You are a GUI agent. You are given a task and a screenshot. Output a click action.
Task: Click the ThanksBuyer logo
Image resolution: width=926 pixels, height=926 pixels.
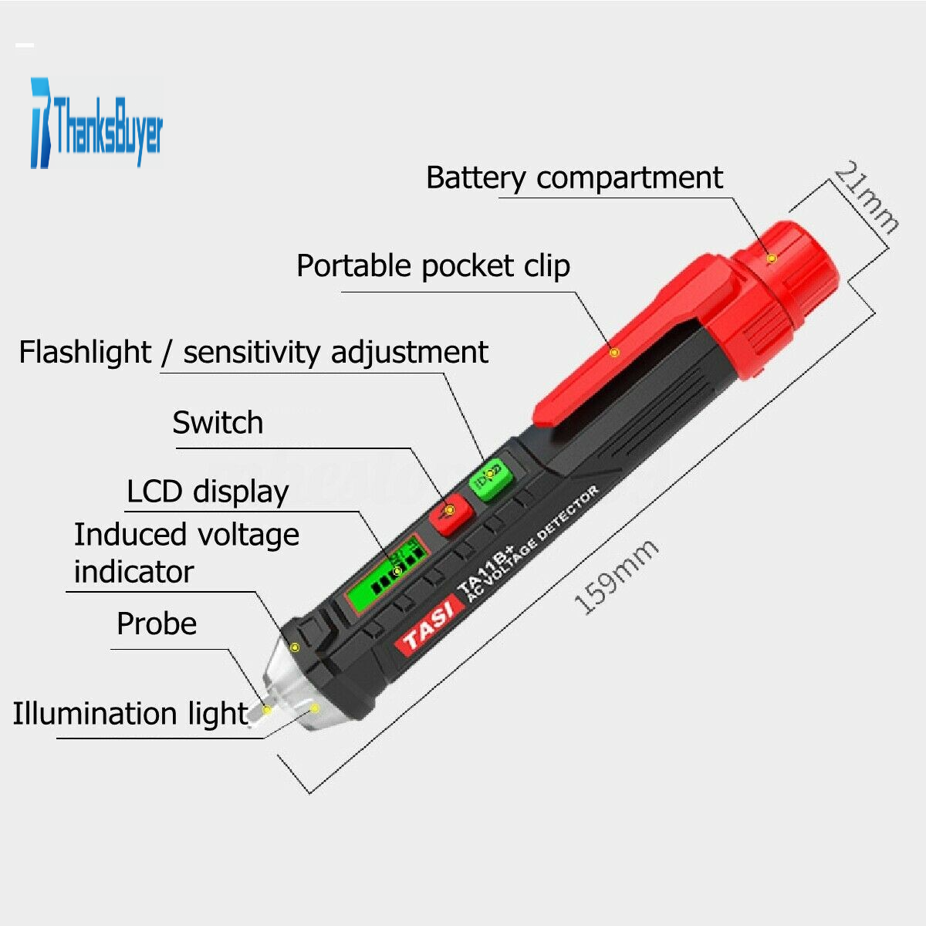point(96,123)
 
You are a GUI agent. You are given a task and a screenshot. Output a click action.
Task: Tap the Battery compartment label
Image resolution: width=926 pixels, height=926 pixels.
point(574,178)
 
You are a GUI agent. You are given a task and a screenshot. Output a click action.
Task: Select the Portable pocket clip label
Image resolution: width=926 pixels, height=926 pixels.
point(433,265)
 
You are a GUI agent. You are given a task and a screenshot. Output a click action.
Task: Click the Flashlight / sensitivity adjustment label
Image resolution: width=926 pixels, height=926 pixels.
point(253,352)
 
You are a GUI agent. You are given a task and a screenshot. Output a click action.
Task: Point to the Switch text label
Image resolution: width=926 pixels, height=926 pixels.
point(218,422)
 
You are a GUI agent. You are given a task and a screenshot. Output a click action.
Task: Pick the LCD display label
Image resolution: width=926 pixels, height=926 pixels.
point(208,492)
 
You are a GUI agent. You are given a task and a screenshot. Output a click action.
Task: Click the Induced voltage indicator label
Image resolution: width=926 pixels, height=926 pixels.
point(187,553)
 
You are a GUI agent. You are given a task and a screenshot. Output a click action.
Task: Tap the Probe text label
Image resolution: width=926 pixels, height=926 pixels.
point(157,624)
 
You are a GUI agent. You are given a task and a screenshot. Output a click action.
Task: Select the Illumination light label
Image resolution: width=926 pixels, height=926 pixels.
point(130,713)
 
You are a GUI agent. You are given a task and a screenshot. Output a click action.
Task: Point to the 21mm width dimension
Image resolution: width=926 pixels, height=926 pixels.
point(866,198)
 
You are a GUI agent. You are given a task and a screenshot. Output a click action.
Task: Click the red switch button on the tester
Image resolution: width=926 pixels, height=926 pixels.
point(451,513)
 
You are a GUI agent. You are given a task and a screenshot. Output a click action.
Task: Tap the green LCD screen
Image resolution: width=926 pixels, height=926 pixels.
point(386,574)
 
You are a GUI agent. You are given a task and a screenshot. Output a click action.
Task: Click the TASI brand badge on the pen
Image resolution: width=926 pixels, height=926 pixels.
point(429,625)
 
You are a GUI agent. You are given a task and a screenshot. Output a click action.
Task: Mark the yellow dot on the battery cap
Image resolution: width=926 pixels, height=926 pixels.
point(771,258)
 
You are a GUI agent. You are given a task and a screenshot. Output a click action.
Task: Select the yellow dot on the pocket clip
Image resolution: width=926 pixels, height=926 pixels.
point(613,353)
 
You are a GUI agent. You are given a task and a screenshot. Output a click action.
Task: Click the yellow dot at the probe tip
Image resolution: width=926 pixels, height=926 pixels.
point(267,709)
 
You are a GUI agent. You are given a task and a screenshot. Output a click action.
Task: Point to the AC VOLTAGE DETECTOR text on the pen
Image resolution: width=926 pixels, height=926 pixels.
point(533,543)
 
